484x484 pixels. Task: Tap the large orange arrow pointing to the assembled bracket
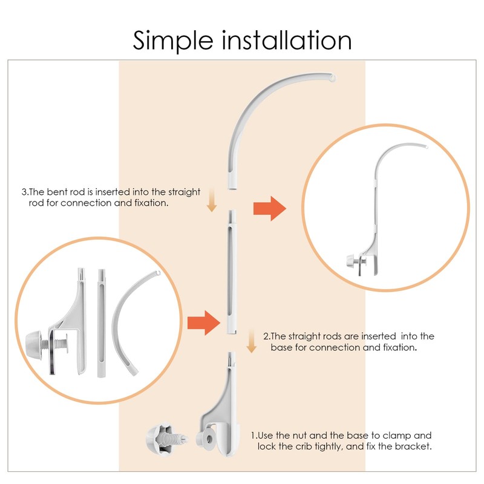click(269, 209)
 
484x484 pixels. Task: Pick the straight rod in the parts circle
click(100, 327)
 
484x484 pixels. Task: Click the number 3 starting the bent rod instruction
click(24, 192)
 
